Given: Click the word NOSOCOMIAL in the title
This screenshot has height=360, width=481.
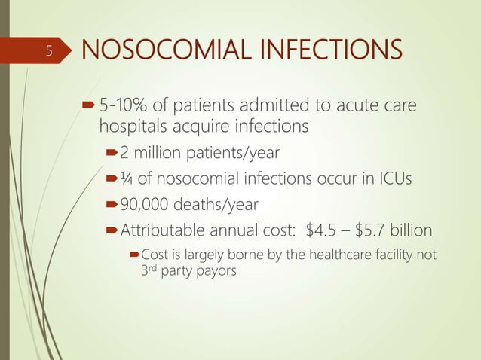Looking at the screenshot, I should pyautogui.click(x=153, y=52).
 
